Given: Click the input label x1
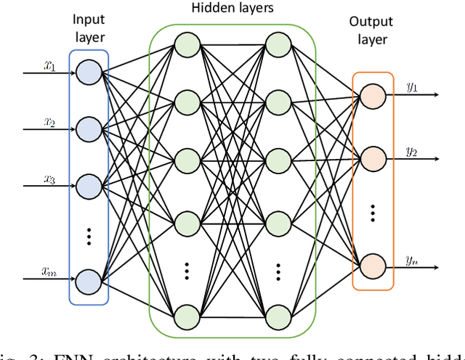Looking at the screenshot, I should [x=49, y=67].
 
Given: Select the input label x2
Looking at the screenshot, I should [x=49, y=123].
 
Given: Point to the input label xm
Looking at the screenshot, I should [x=49, y=271].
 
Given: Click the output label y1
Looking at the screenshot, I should [x=412, y=88].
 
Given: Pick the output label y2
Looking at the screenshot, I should [x=412, y=150].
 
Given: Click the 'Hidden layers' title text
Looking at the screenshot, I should [x=232, y=9].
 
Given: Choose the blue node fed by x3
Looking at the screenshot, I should [x=89, y=184].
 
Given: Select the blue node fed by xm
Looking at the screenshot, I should [x=89, y=279].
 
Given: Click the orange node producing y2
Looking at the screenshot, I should [x=373, y=157].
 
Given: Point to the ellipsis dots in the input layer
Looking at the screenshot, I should [x=89, y=234].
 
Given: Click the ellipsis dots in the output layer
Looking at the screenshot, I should [x=373, y=213].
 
